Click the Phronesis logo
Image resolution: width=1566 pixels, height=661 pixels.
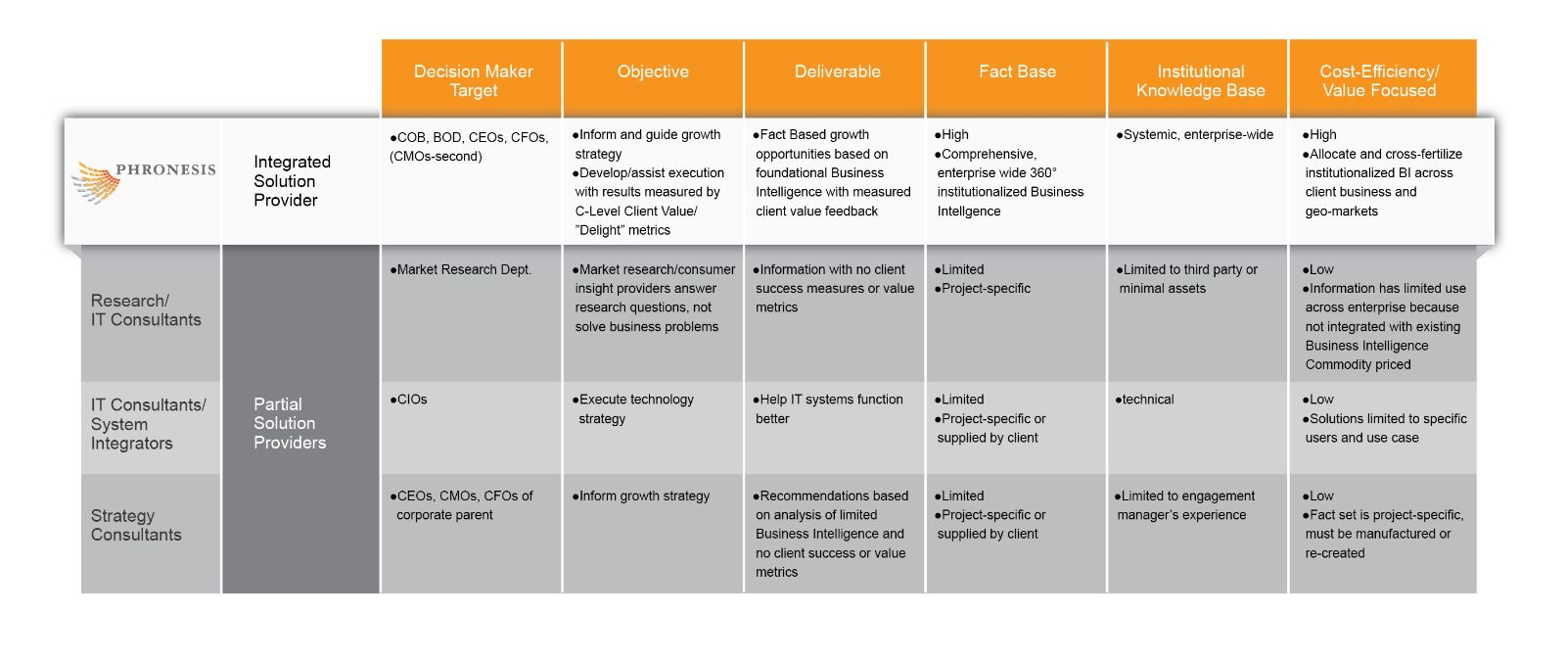(x=143, y=181)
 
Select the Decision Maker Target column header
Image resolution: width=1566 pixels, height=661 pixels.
(x=473, y=80)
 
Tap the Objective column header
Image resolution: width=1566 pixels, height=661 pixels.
(x=653, y=71)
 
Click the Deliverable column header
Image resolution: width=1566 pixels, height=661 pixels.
(x=837, y=71)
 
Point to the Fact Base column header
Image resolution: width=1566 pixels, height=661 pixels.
(x=1017, y=71)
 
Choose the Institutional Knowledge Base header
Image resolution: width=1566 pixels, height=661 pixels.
(x=1200, y=80)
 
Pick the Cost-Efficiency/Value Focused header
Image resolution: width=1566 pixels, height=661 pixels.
(x=1379, y=80)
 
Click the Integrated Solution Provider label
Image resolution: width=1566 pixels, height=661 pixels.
(x=291, y=181)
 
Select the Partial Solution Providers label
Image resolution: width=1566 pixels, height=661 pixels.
(x=289, y=423)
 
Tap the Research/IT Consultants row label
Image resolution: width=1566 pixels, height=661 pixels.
(x=146, y=310)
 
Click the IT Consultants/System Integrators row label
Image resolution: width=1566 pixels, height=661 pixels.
(x=148, y=424)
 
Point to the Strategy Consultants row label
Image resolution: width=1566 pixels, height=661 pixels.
(x=136, y=525)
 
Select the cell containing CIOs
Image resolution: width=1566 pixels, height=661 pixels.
(x=411, y=400)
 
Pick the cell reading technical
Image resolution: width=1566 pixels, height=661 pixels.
(x=1147, y=400)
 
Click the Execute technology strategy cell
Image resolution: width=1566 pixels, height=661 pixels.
(x=635, y=409)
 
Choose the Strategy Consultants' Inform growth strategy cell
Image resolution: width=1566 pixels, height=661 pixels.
(x=643, y=496)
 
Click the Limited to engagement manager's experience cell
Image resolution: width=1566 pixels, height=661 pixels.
(x=1185, y=505)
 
